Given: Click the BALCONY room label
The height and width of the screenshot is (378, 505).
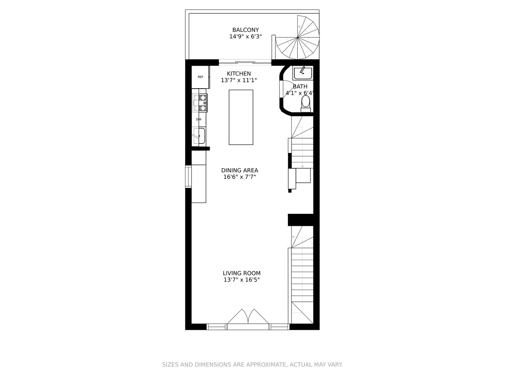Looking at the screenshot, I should tap(245, 30).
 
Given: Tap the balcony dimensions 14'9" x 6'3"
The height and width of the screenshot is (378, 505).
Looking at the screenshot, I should tap(245, 36).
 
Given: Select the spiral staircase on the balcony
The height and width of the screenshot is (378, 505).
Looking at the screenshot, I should tap(298, 37).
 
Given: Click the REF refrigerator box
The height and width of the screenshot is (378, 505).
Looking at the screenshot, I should tap(200, 77).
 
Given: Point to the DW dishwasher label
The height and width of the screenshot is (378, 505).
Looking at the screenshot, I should tap(199, 119).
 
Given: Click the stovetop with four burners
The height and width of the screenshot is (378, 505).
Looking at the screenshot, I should tap(200, 103).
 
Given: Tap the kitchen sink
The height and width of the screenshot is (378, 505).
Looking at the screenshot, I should tap(199, 136).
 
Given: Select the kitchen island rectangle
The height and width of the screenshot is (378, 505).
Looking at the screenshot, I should tap(241, 117).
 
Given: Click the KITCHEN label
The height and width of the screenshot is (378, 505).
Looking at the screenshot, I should tap(239, 74).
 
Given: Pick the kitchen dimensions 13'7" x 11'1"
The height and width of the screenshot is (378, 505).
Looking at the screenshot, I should tap(239, 80).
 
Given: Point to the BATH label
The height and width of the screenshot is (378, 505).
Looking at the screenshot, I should tap(300, 86).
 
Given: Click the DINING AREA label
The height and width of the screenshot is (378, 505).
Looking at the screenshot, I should tap(240, 170).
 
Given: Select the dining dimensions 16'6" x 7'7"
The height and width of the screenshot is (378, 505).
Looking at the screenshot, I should tap(240, 177).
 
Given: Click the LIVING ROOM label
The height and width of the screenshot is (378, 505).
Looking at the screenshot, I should tap(242, 273).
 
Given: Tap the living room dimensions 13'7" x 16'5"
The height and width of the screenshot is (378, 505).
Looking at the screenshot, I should tap(242, 280).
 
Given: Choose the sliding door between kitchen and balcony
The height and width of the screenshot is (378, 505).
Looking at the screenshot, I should tap(245, 63).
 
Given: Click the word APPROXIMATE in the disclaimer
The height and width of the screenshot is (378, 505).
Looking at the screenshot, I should tap(266, 365).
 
